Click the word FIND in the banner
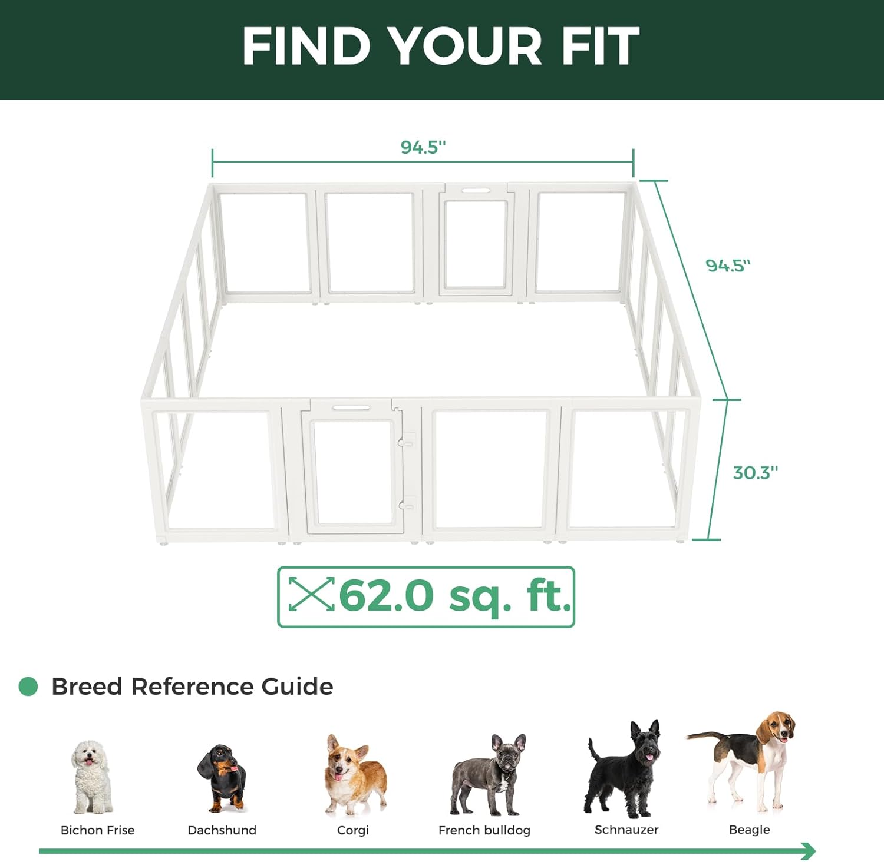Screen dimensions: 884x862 (x=306, y=46)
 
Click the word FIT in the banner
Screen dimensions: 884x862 (x=600, y=46)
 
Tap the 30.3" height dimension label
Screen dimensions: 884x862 (x=755, y=472)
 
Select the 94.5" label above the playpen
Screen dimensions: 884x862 (x=423, y=147)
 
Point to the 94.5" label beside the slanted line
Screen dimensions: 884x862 (x=728, y=266)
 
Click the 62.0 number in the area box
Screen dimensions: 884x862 (x=386, y=596)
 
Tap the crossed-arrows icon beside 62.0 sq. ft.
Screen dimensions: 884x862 (x=311, y=594)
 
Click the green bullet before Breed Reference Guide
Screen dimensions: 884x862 (x=28, y=686)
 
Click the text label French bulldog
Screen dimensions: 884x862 (x=484, y=830)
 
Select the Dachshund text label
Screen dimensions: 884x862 (x=222, y=830)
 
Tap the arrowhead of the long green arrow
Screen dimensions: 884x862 (x=809, y=851)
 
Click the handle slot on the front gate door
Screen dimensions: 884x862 (x=351, y=407)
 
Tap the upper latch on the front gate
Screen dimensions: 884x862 (x=407, y=440)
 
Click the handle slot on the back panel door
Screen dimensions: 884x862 (x=476, y=190)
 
